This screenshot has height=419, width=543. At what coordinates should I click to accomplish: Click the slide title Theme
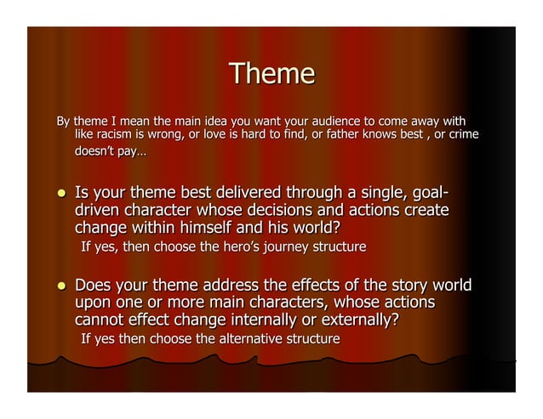pyautogui.click(x=272, y=74)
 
